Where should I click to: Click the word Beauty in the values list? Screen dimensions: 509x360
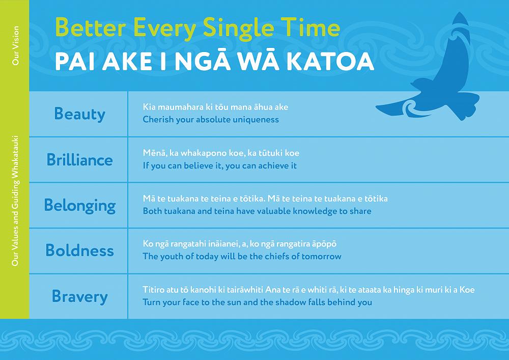coord(79,114)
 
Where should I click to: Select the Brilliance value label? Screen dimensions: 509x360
coord(79,160)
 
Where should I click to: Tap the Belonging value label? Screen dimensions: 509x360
coord(80,206)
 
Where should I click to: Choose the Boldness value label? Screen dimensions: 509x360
coord(79,251)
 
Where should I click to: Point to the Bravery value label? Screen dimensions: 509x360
coord(79,297)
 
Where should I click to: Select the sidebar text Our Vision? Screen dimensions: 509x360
coord(16,45)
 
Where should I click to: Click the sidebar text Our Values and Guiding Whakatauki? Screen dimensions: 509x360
coord(16,201)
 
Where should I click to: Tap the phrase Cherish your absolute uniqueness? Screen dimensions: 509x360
coord(211,120)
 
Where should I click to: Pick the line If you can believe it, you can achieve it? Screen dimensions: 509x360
coord(220,165)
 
